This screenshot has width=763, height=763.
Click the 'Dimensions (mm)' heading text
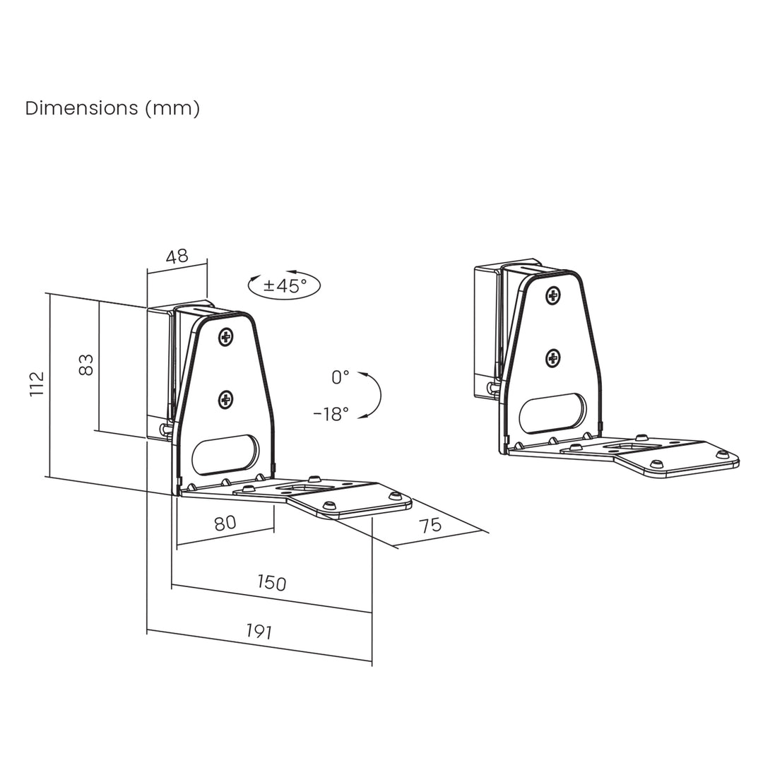point(112,108)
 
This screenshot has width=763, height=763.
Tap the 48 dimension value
point(177,256)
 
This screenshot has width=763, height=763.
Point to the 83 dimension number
point(85,365)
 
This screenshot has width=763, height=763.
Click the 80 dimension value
point(224,524)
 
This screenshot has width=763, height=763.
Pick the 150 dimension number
point(271,582)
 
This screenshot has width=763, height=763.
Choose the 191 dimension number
point(259,632)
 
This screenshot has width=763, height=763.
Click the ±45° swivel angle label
point(285,285)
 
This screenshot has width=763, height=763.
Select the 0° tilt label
point(341,377)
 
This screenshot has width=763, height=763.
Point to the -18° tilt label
point(331,414)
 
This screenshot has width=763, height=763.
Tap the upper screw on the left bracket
point(226,337)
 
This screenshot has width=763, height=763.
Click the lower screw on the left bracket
point(226,401)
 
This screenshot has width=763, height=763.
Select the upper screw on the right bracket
point(553,296)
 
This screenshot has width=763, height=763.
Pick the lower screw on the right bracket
point(553,358)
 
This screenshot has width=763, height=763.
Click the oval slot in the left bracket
point(225,455)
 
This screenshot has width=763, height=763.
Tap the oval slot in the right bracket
point(553,414)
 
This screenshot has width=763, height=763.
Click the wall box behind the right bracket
point(487,332)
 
